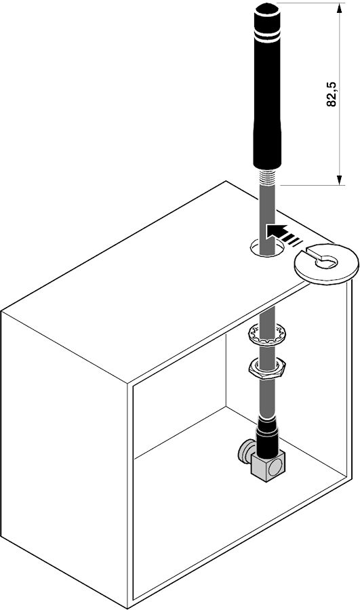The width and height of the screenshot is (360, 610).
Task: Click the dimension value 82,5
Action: pyautogui.click(x=332, y=94)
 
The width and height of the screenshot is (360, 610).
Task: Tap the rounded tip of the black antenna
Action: pyautogui.click(x=266, y=7)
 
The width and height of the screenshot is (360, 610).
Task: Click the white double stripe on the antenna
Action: pyautogui.click(x=267, y=38)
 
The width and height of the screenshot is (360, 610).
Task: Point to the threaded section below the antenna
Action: pyautogui.click(x=267, y=177)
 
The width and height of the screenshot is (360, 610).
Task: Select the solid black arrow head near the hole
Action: pyautogui.click(x=276, y=232)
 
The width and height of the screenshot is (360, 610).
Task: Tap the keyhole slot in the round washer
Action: pyautogui.click(x=322, y=260)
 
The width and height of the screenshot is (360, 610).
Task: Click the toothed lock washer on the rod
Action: pyautogui.click(x=267, y=333)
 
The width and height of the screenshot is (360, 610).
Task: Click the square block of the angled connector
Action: pyautogui.click(x=268, y=466)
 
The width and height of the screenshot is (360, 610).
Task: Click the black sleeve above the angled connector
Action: pyautogui.click(x=267, y=436)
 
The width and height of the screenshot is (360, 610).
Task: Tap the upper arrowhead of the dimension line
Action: pyautogui.click(x=340, y=7)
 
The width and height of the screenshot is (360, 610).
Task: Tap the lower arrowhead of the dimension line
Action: pyautogui.click(x=340, y=180)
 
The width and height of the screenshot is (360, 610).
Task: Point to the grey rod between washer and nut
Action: pyautogui.click(x=267, y=351)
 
